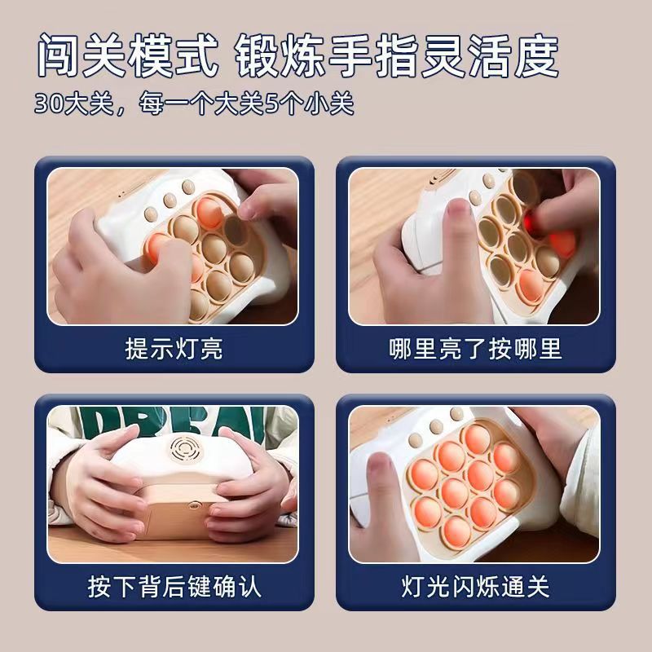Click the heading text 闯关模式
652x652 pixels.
pyautogui.click(x=128, y=55)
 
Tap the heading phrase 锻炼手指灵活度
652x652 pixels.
pyautogui.click(x=397, y=55)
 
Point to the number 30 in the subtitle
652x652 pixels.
pyautogui.click(x=49, y=104)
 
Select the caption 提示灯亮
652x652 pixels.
pyautogui.click(x=174, y=349)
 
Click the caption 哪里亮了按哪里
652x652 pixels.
pyautogui.click(x=475, y=349)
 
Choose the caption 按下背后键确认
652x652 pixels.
pyautogui.click(x=174, y=586)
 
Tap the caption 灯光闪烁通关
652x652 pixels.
pyautogui.click(x=475, y=586)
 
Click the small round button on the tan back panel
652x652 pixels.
pyautogui.click(x=192, y=505)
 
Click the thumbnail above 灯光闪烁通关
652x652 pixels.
pyautogui.click(x=474, y=484)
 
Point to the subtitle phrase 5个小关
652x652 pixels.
pyautogui.click(x=310, y=104)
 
